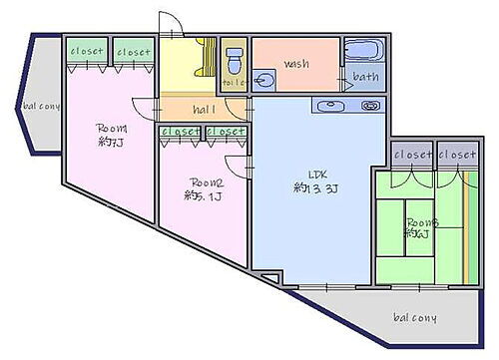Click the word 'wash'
point(296,64)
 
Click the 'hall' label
point(205,110)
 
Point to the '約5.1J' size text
point(203,196)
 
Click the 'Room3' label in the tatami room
point(418,221)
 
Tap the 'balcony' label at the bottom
point(413,318)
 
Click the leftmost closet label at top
point(87,51)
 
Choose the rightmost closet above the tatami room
point(457,156)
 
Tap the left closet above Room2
point(180,131)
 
